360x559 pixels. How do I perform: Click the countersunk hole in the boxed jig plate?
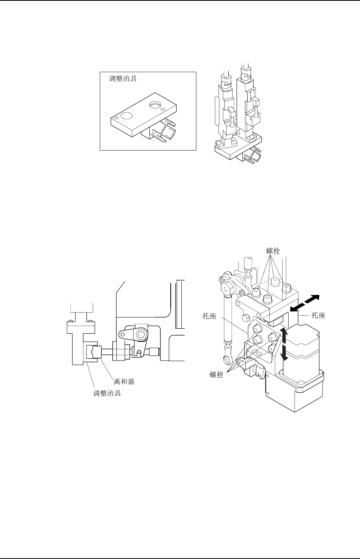[154, 105]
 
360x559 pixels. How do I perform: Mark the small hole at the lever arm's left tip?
[123, 335]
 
